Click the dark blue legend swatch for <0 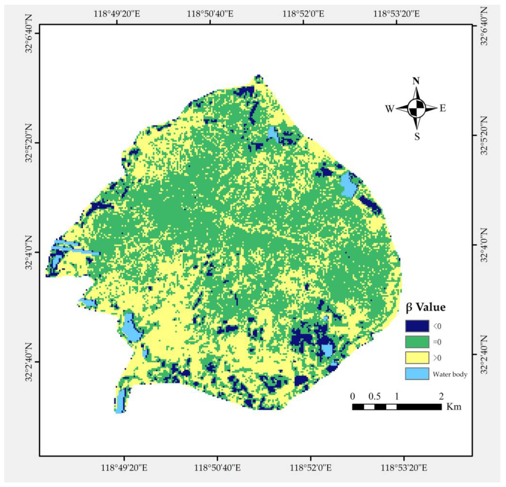point(417,326)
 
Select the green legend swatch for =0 point(417,342)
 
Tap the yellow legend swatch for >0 point(417,358)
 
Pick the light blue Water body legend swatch point(417,374)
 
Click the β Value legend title point(425,307)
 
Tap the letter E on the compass point(443,108)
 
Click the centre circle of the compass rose point(416,108)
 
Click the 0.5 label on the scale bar point(374,397)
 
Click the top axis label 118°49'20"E point(117,13)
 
